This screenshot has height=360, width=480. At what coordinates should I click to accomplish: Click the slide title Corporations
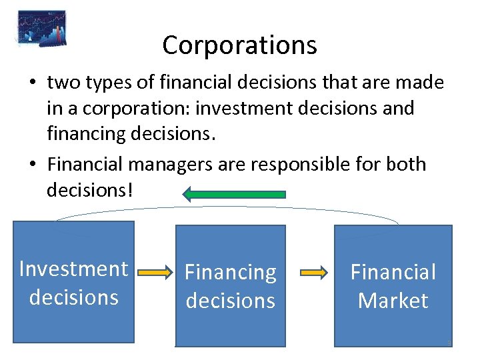[x=239, y=45]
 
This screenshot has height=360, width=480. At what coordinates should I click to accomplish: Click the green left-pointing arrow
[x=234, y=194]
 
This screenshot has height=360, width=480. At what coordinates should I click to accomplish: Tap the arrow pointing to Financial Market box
[x=313, y=273]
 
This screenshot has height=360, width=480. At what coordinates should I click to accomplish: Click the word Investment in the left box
[x=74, y=269]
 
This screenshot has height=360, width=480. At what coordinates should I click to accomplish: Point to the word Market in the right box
[x=393, y=301]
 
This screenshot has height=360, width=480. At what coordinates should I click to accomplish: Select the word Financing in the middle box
[x=231, y=272]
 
